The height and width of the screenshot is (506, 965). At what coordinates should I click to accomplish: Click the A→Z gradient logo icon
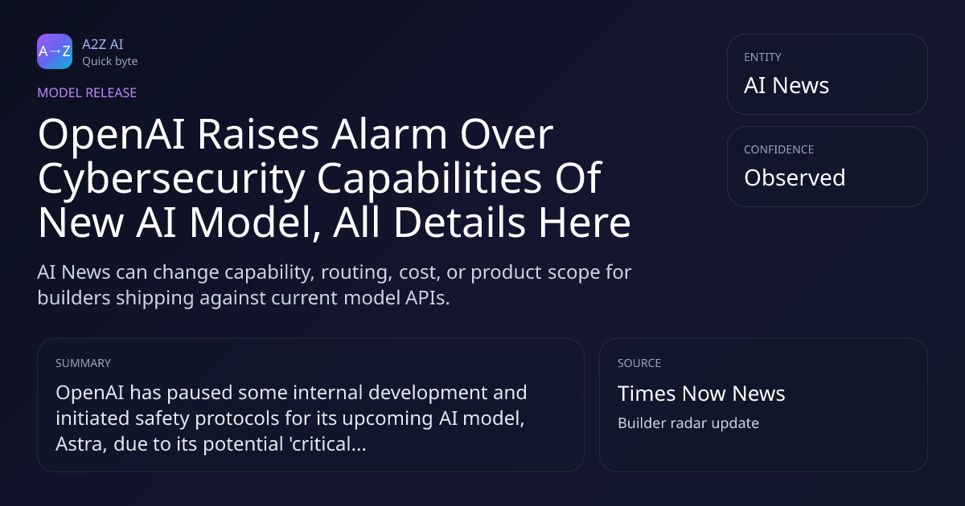click(x=55, y=51)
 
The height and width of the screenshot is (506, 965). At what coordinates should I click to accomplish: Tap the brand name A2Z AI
click(x=103, y=44)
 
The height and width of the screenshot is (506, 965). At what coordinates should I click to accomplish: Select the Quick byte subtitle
click(x=110, y=62)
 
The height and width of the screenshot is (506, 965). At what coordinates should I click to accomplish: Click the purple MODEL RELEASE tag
click(x=87, y=92)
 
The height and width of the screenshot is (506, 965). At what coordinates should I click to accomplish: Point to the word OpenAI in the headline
click(x=112, y=135)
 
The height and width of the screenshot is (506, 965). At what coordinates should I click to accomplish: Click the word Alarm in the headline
click(x=389, y=134)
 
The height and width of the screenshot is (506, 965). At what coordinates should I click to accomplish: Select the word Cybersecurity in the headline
click(x=171, y=179)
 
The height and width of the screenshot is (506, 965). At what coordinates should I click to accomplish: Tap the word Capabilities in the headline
click(x=429, y=179)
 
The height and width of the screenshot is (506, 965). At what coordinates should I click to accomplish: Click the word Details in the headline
click(x=460, y=222)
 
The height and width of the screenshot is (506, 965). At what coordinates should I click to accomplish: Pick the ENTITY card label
click(x=762, y=57)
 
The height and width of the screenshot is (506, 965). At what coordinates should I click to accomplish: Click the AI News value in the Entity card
click(x=786, y=85)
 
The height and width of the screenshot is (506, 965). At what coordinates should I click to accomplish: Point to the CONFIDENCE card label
click(x=779, y=149)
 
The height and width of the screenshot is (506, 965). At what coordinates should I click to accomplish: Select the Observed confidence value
click(x=795, y=178)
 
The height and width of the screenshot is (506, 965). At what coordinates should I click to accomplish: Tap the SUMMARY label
click(x=83, y=363)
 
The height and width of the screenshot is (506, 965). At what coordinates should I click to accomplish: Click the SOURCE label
click(x=639, y=363)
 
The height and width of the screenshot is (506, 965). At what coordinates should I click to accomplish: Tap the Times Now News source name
click(x=701, y=394)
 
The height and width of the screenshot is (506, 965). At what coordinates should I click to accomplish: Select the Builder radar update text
click(x=688, y=423)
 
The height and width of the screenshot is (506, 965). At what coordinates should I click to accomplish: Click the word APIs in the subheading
click(x=427, y=298)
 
